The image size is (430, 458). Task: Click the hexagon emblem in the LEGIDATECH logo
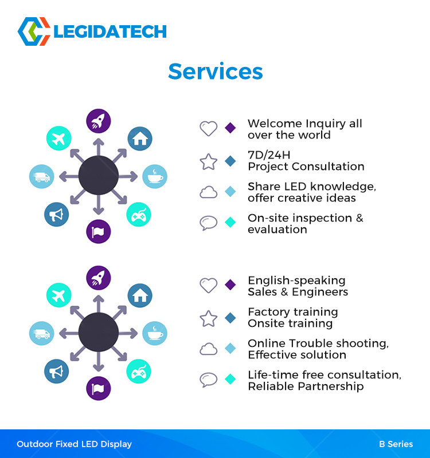coord(34,31)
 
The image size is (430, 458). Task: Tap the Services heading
coord(216,72)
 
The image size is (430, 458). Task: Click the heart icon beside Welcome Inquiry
coord(209,128)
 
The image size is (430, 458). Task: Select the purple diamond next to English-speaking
coord(230,285)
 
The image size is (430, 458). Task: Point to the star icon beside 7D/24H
coord(209,162)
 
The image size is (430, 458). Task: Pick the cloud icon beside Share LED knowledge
coord(209,192)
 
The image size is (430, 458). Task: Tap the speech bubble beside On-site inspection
coord(209,223)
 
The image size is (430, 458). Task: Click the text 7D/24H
coord(269,155)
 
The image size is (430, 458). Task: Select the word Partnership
coord(331,386)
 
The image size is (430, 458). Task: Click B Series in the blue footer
coord(396,444)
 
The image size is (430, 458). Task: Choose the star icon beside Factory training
coord(209,319)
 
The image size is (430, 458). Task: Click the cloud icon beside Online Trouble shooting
coord(209,349)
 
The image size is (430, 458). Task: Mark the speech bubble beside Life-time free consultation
coord(209,380)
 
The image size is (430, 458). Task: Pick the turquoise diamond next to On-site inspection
coord(230,222)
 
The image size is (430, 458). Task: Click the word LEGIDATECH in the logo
coord(110,32)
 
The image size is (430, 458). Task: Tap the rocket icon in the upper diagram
coord(99,121)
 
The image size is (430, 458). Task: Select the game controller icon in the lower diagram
coord(139,371)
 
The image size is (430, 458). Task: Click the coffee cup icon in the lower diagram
coord(155,333)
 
